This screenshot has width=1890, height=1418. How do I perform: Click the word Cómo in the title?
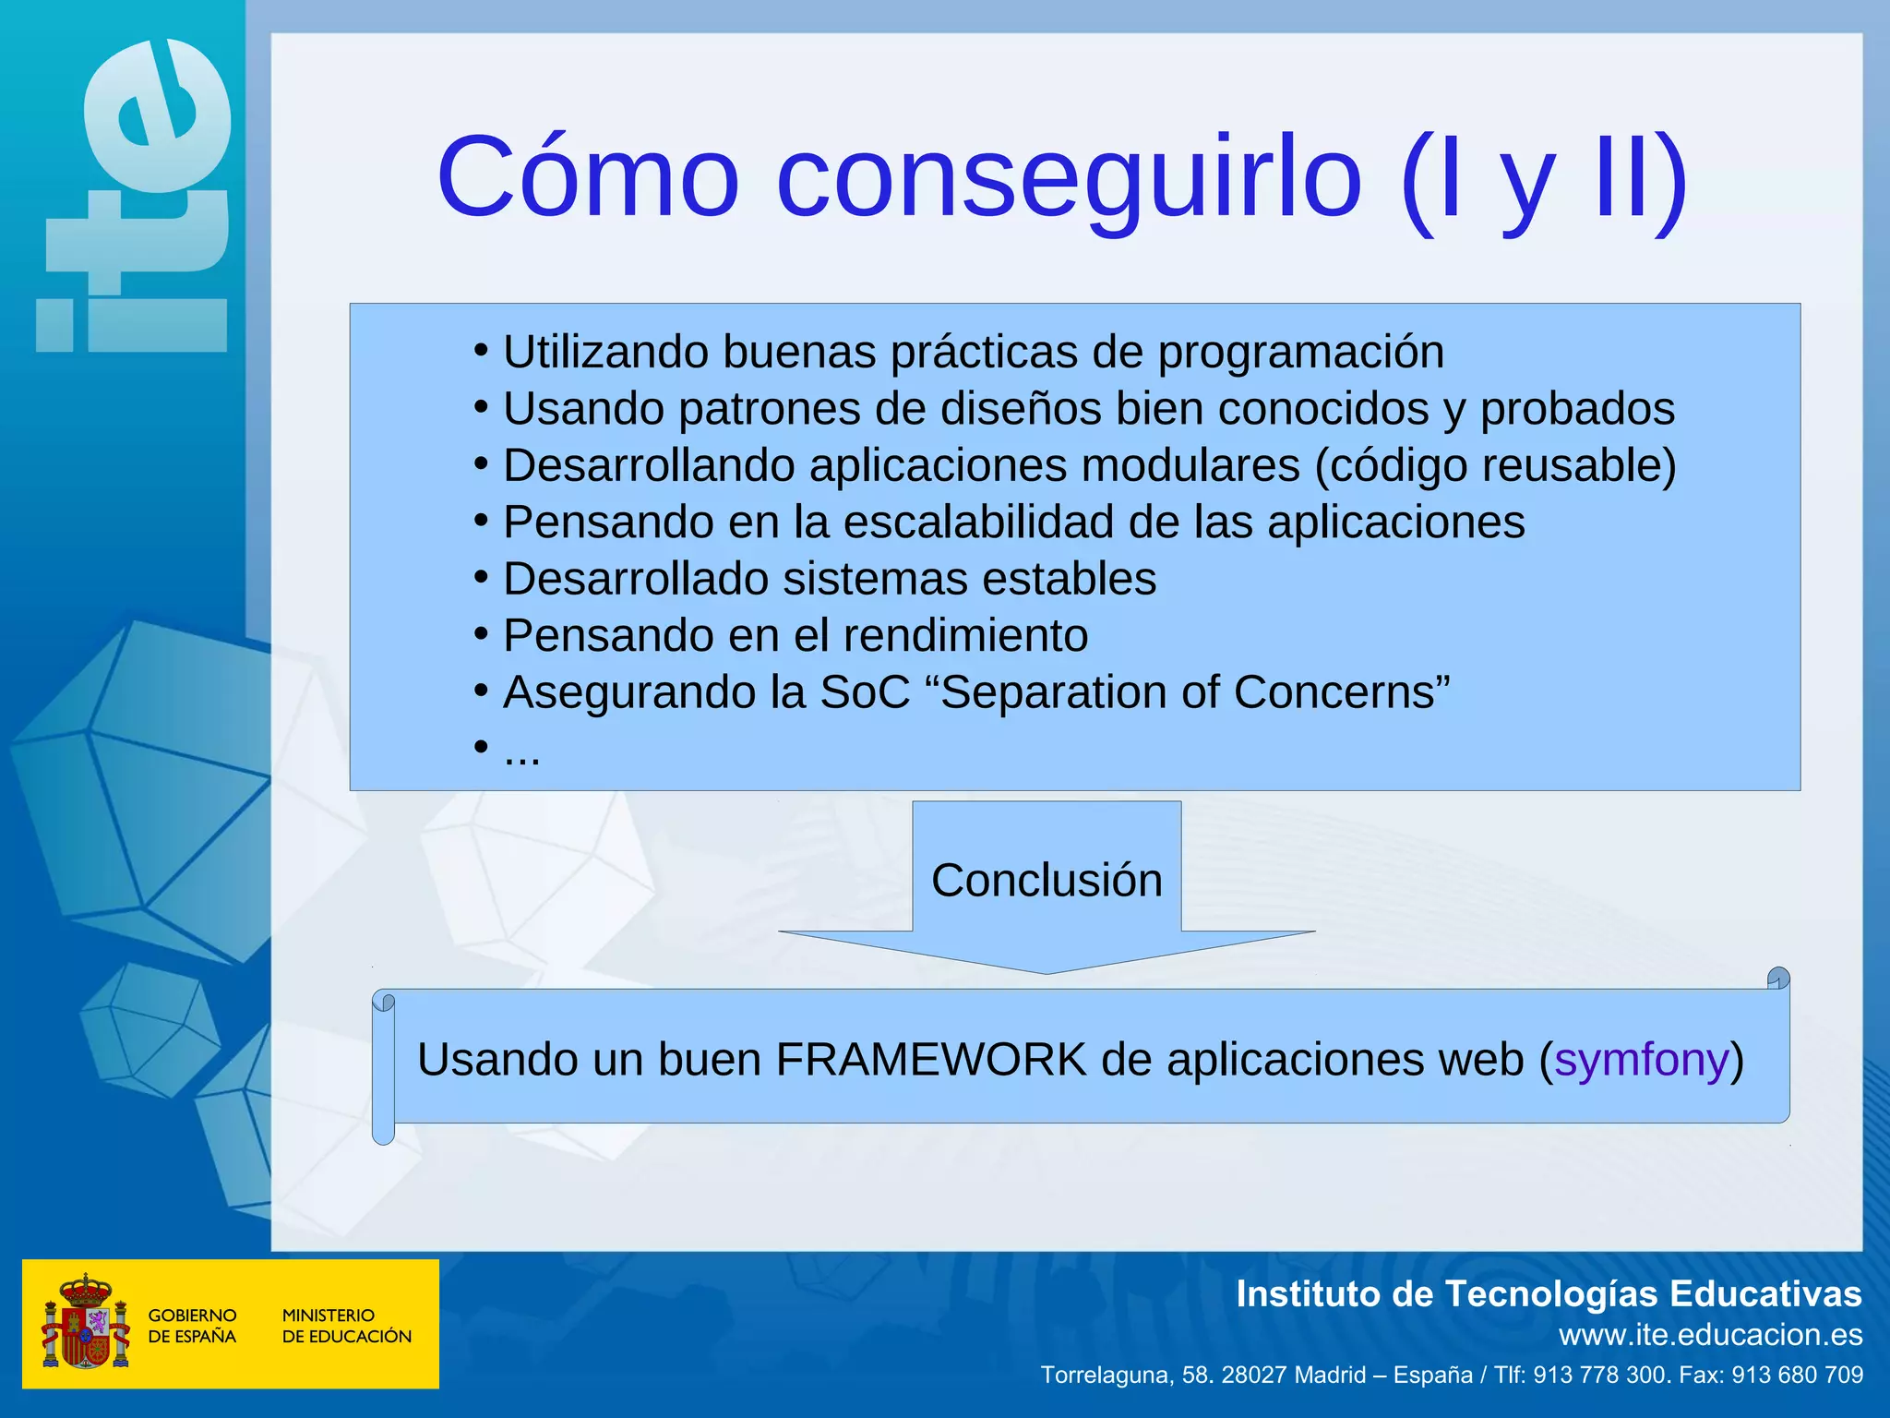(588, 177)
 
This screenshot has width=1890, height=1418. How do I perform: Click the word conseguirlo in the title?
(1069, 179)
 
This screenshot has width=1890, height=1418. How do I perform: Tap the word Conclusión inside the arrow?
(1047, 880)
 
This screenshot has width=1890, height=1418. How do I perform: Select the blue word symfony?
(1641, 1060)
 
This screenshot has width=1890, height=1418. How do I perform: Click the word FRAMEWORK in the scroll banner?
(930, 1060)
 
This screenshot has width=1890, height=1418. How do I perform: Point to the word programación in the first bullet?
(1300, 354)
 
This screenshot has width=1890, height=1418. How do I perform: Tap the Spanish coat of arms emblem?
(85, 1322)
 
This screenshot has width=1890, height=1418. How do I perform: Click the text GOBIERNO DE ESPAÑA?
(192, 1326)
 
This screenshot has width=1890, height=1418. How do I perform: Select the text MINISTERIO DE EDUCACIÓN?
(346, 1326)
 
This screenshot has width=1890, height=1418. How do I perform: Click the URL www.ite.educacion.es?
(1710, 1335)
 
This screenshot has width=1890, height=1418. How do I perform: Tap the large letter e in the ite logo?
(157, 115)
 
